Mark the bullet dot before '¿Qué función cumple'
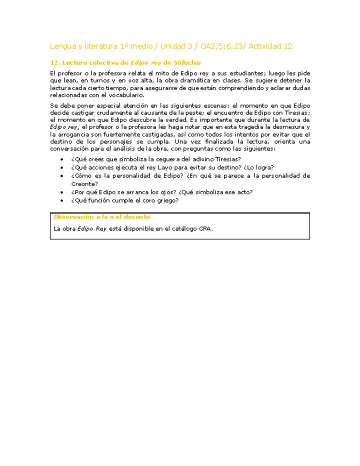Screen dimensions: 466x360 pos(61,201)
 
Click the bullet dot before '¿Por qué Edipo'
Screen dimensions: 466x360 pos(61,192)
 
